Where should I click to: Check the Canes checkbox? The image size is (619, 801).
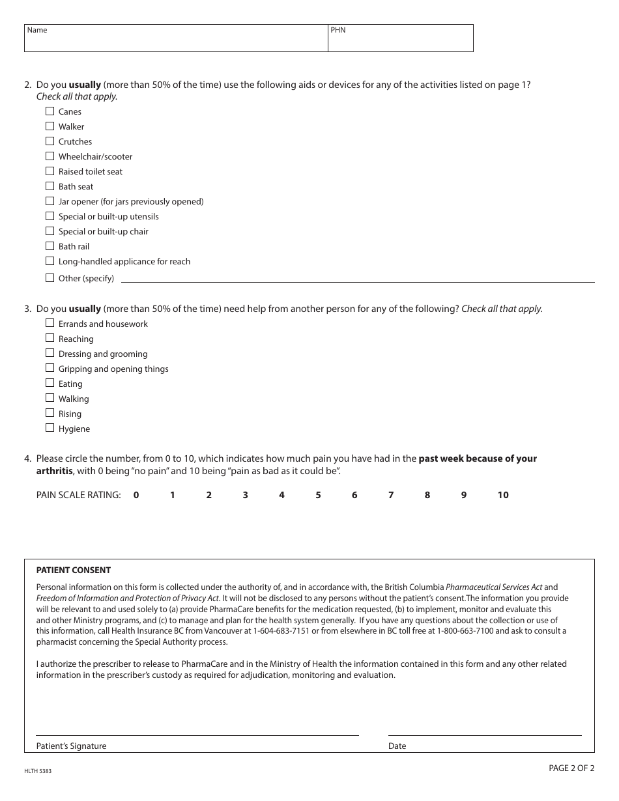point(50,111)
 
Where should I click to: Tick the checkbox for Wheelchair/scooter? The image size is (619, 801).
point(50,156)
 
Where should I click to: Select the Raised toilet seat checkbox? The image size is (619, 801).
point(50,171)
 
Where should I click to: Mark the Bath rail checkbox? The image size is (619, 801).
point(50,246)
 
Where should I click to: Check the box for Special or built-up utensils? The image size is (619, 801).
point(50,216)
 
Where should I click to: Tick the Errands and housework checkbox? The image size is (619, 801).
point(50,323)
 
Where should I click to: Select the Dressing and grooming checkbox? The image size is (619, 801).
point(50,353)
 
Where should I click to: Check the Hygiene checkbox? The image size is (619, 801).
point(50,428)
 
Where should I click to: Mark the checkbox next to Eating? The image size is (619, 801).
point(50,383)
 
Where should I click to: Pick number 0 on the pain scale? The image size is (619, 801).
point(136,495)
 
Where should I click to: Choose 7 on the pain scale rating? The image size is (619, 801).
point(391,495)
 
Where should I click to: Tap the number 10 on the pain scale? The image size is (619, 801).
point(503,495)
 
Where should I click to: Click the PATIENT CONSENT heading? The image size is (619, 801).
point(74,570)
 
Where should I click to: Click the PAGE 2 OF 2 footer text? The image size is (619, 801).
point(571,768)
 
